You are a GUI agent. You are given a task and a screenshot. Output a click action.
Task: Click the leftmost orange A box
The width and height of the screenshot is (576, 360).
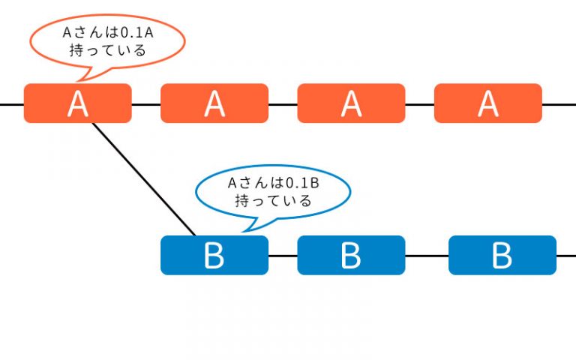pos(77,103)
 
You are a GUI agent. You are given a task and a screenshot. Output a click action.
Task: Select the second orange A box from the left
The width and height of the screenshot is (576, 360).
pos(214,103)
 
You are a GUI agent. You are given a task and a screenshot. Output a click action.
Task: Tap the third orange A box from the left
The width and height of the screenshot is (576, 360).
pos(351,103)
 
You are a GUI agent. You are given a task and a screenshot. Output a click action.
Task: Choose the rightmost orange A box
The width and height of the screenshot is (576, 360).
pos(488,103)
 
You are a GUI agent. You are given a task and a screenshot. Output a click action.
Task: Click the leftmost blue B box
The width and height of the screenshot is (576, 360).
pos(214,255)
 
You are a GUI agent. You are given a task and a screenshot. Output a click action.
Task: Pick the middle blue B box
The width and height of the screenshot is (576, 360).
pos(351,255)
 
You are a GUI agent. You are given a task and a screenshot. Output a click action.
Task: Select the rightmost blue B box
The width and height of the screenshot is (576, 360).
pos(502,255)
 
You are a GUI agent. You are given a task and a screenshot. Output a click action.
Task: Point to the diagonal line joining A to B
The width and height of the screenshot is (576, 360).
pos(144,179)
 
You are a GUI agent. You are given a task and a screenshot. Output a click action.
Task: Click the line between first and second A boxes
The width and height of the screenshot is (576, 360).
pos(146,105)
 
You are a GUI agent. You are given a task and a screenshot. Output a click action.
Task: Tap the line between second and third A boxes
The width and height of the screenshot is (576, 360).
pos(283,105)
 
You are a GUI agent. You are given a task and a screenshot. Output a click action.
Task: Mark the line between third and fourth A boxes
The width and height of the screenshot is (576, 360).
pos(419,105)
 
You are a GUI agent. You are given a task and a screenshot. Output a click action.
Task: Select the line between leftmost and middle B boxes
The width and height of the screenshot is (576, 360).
pos(283,256)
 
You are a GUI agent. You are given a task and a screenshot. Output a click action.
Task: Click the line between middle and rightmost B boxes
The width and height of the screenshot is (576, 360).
pos(427,256)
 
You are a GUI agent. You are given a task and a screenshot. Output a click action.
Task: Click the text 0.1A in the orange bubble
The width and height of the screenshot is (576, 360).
pos(136,33)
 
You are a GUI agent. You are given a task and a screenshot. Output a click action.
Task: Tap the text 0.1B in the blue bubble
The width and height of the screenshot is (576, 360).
pos(302,183)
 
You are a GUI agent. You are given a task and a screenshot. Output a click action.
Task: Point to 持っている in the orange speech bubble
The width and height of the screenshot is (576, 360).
pos(108,50)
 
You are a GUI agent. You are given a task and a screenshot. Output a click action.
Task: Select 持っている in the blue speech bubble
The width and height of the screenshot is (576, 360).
pos(273,201)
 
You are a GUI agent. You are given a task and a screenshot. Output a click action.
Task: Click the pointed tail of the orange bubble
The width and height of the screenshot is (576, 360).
pos(76,81)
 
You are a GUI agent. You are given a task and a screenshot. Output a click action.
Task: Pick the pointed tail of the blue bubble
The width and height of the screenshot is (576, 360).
pos(242,232)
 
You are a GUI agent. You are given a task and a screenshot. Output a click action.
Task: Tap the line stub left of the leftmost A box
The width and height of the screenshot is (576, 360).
pos(12,105)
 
